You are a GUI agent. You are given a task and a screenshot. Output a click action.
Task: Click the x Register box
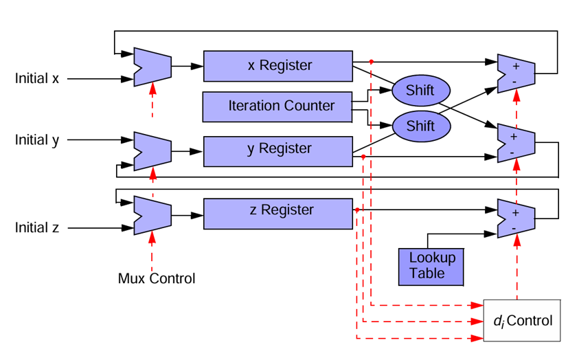[278, 67]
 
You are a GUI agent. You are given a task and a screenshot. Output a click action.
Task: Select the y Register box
[278, 149]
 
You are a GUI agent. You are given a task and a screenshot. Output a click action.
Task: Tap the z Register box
[278, 210]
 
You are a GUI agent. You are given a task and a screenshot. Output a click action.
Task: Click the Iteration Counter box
[278, 106]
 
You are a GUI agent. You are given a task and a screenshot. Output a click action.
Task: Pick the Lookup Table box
[431, 267]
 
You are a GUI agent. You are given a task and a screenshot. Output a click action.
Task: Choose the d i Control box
[522, 320]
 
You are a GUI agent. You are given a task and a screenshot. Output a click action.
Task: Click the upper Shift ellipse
[420, 90]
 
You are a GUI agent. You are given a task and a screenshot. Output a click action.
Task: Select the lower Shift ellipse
[420, 126]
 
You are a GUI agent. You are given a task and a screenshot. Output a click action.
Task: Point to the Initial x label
[37, 78]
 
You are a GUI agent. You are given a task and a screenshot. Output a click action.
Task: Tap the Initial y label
[37, 140]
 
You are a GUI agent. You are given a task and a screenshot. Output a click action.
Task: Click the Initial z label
[37, 227]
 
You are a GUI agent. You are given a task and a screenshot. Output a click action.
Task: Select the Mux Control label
[157, 278]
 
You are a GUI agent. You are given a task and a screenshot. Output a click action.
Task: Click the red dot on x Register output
[371, 62]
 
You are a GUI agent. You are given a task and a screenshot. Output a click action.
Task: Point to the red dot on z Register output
[357, 210]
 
